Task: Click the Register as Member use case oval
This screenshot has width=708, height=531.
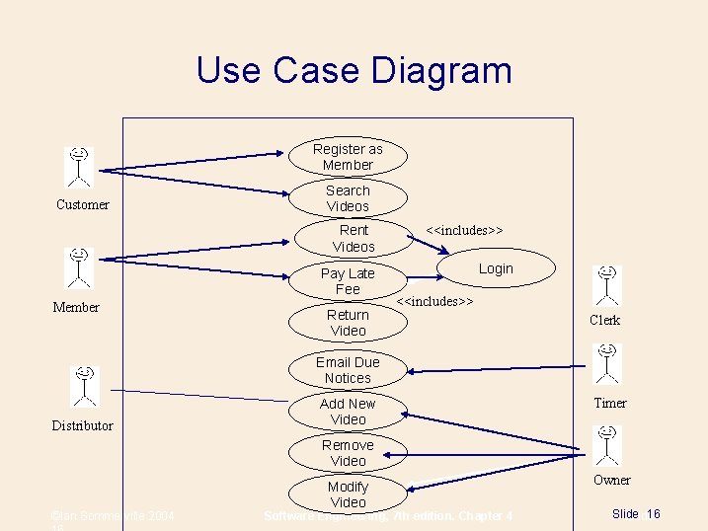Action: [348, 157]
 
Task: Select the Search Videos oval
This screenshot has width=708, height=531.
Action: [348, 198]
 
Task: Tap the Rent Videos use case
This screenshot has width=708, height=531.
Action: [354, 238]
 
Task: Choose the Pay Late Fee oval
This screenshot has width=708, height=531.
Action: [348, 281]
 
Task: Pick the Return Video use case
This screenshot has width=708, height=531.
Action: [348, 323]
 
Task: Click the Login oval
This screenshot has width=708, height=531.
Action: [496, 268]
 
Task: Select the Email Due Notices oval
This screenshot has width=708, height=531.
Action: [348, 370]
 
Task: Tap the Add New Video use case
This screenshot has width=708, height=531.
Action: [348, 412]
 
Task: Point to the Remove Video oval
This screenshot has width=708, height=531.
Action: [348, 453]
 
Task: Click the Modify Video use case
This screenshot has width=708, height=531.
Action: [348, 494]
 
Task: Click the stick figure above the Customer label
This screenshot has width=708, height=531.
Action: [79, 166]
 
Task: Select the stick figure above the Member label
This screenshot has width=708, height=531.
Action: [79, 267]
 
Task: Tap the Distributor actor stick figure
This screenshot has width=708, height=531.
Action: [86, 385]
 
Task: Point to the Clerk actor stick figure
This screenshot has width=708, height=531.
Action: [607, 285]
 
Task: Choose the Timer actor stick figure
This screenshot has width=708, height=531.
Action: [607, 362]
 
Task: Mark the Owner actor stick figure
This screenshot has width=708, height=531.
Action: [607, 444]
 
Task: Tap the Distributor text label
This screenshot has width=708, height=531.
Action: [82, 425]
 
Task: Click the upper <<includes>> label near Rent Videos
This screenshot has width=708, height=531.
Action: [464, 230]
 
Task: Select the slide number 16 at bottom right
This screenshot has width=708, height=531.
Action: [653, 514]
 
